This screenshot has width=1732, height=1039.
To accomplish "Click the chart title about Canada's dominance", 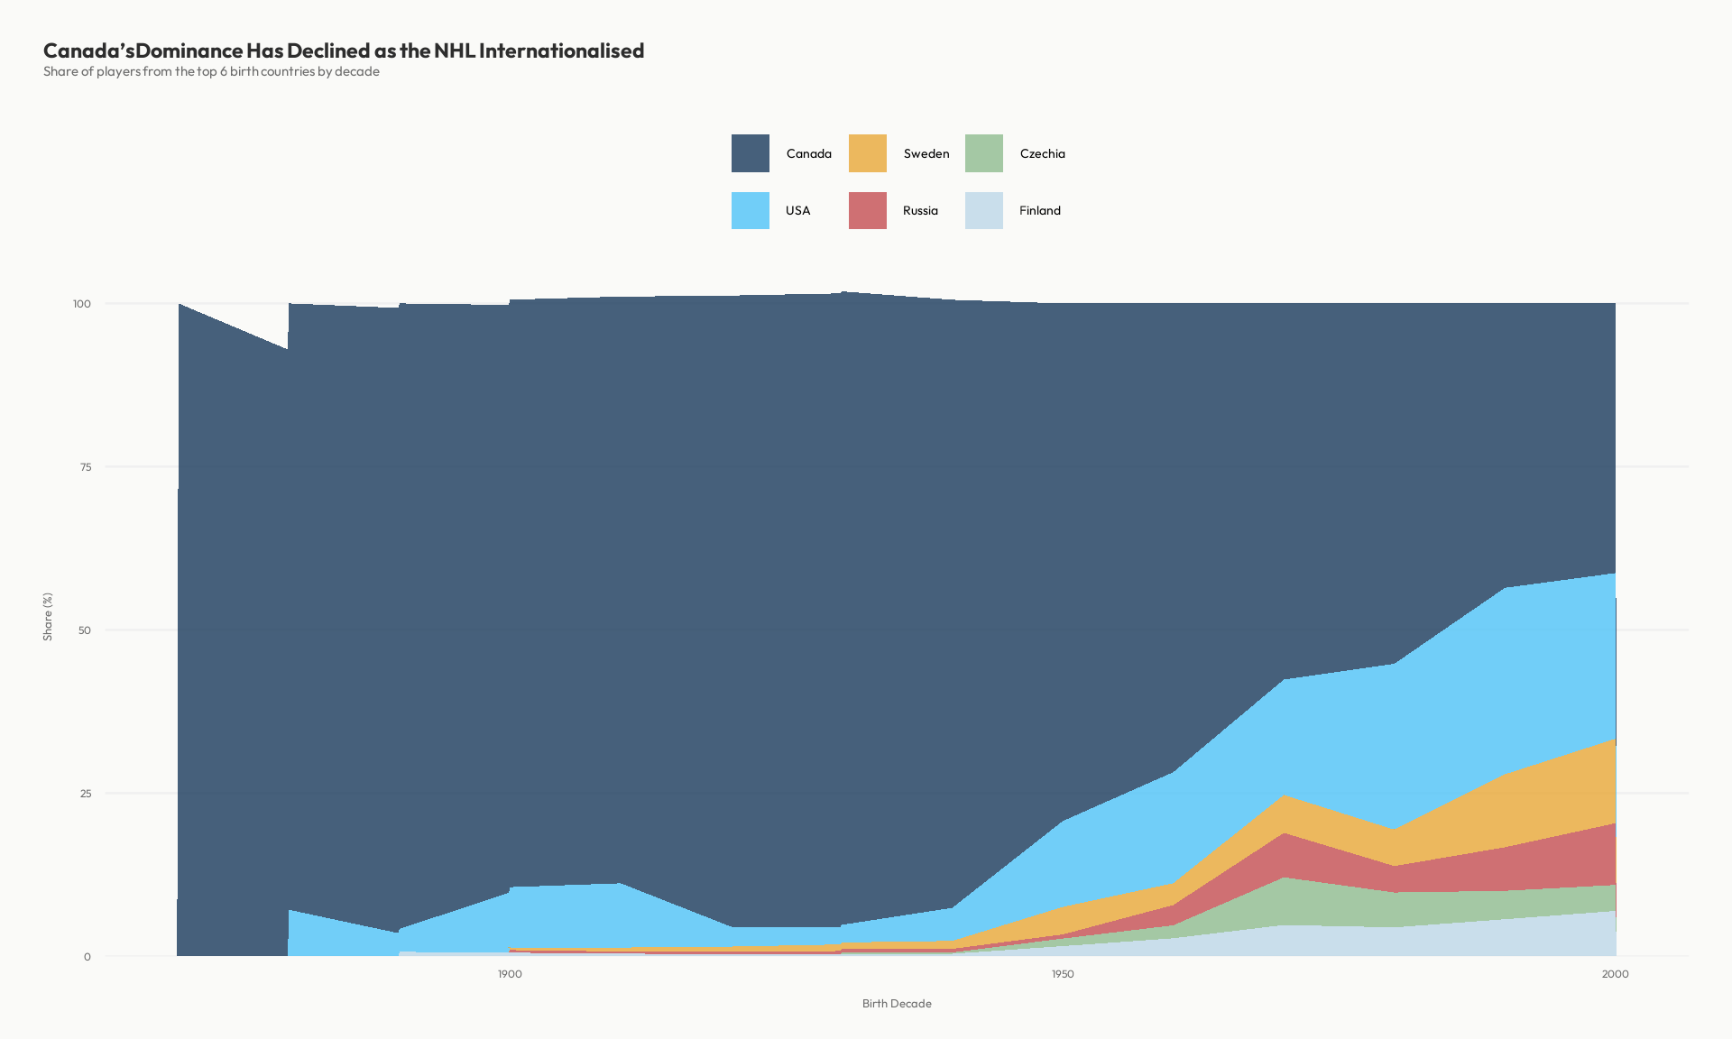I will pyautogui.click(x=344, y=51).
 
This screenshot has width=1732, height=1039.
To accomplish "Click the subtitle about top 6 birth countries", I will pyautogui.click(x=211, y=72).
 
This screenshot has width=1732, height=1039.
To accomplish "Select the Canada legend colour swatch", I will pyautogui.click(x=751, y=153).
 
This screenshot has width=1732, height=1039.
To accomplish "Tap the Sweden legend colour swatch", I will pyautogui.click(x=868, y=153).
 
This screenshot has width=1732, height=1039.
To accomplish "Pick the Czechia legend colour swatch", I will pyautogui.click(x=984, y=153).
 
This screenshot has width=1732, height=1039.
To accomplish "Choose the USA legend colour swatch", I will pyautogui.click(x=751, y=210).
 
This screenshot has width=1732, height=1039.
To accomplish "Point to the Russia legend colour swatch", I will pyautogui.click(x=868, y=210).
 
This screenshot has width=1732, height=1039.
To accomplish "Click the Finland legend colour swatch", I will pyautogui.click(x=984, y=210).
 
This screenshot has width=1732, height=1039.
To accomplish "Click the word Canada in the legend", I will pyautogui.click(x=808, y=154).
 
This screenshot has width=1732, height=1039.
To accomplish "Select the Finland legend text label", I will pyautogui.click(x=1040, y=211).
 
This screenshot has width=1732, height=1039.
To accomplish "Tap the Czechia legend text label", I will pyautogui.click(x=1042, y=154).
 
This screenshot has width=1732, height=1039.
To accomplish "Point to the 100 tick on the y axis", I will pyautogui.click(x=82, y=304).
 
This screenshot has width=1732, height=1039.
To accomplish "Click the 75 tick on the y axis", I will pyautogui.click(x=86, y=467).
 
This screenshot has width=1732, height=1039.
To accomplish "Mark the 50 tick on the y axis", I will pyautogui.click(x=85, y=630).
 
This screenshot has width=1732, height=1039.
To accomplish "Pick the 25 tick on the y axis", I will pyautogui.click(x=86, y=794).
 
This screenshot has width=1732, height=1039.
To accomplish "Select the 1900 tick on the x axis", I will pyautogui.click(x=510, y=974).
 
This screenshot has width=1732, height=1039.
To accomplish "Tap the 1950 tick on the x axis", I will pyautogui.click(x=1063, y=974).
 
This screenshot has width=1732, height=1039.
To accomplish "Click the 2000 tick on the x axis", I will pyautogui.click(x=1615, y=974).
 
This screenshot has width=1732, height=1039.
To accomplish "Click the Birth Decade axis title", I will pyautogui.click(x=897, y=1004).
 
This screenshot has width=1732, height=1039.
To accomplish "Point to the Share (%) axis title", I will pyautogui.click(x=48, y=617).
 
